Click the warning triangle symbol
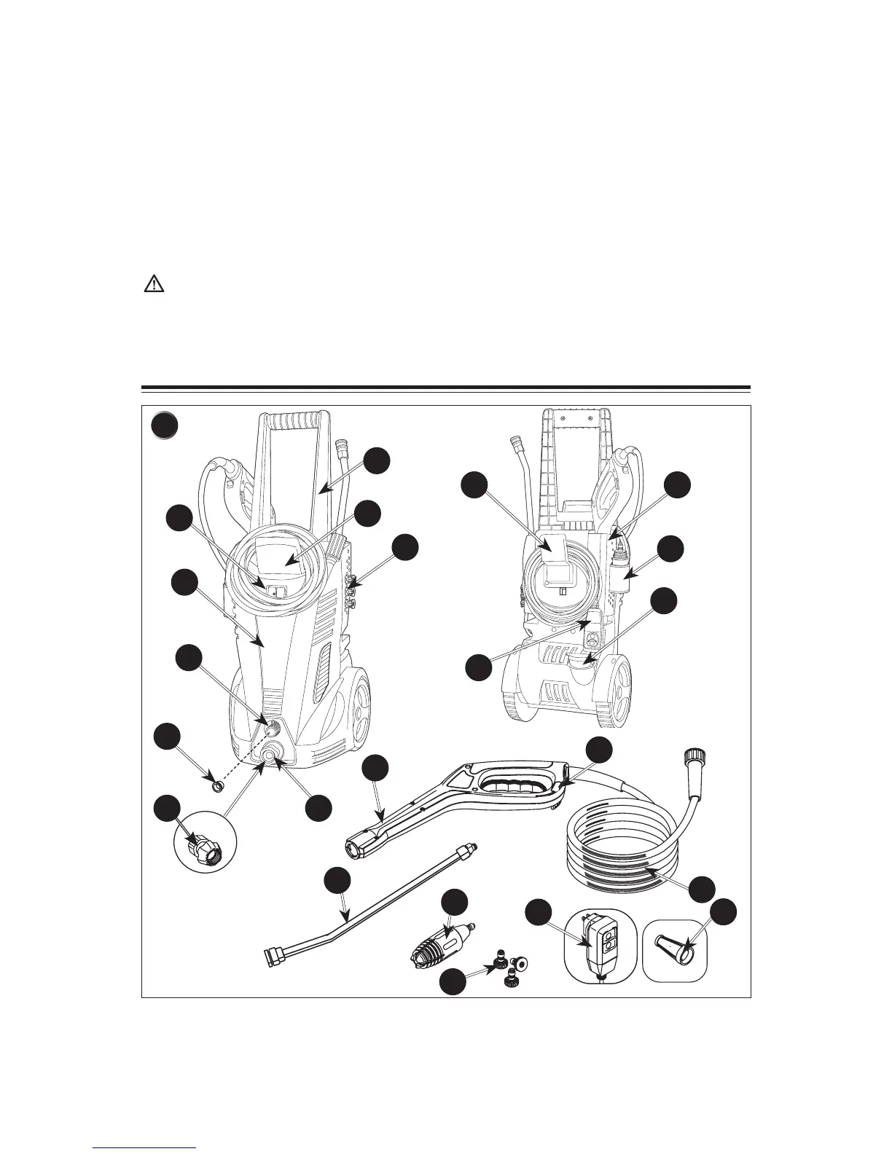coord(153,283)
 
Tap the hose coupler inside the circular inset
coord(202,845)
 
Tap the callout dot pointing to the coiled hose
coord(702,888)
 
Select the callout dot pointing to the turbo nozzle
coord(455,900)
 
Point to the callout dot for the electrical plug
coord(539,913)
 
